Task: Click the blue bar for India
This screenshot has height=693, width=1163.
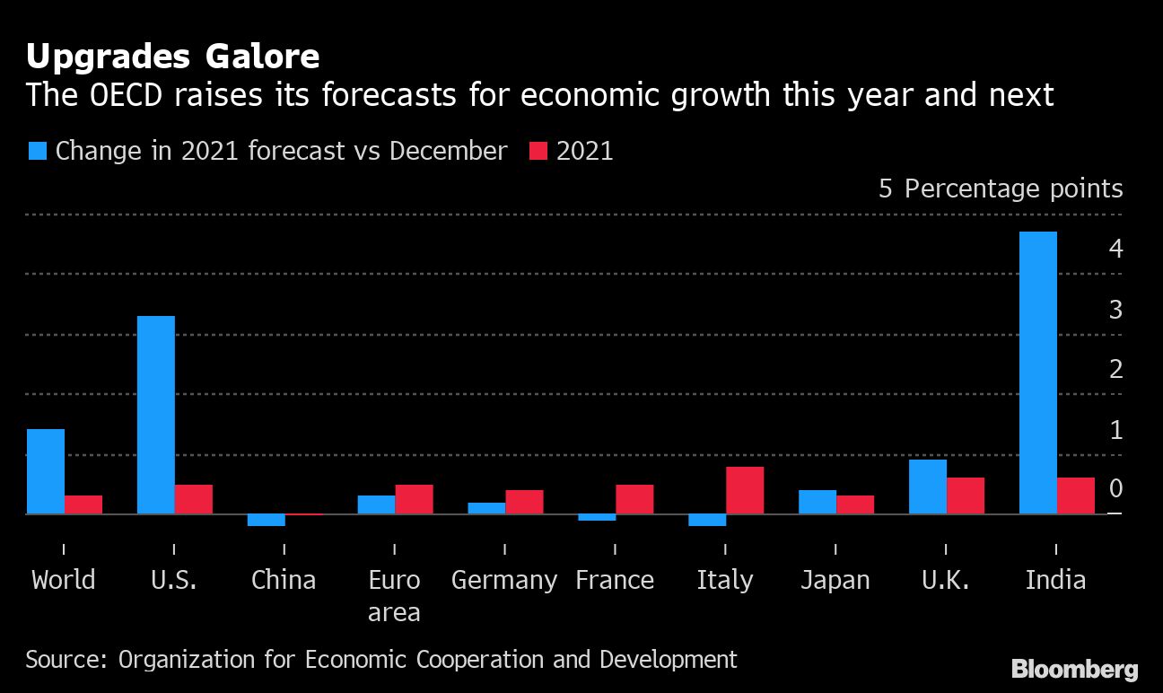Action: click(x=1037, y=373)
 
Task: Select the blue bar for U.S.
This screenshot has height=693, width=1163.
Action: click(x=155, y=415)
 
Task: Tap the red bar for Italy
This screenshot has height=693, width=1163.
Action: click(x=745, y=490)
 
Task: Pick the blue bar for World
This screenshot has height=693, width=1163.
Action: click(x=45, y=471)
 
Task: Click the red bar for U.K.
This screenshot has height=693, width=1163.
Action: click(x=966, y=496)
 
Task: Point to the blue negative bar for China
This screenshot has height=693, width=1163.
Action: click(x=266, y=520)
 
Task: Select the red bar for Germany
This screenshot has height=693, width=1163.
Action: click(x=524, y=502)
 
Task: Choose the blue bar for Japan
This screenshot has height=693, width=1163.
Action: click(x=818, y=502)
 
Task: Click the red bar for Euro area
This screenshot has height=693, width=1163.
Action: click(x=414, y=499)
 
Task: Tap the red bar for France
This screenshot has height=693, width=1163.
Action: click(x=634, y=499)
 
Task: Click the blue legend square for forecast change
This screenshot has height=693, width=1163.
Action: click(x=37, y=151)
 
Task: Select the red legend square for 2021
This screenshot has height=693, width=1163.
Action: click(x=538, y=151)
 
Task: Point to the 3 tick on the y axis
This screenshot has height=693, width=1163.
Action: click(x=1115, y=310)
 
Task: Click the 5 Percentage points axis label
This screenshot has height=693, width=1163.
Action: click(x=1001, y=189)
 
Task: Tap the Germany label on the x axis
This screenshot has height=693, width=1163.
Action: click(x=503, y=580)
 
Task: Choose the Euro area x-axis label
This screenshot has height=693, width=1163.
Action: click(x=394, y=596)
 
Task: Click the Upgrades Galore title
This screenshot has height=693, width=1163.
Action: click(x=172, y=57)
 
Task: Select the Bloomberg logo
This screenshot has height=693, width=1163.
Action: click(x=1074, y=669)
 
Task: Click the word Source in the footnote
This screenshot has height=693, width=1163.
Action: click(x=64, y=660)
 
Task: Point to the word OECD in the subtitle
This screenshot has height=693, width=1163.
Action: click(x=122, y=95)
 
